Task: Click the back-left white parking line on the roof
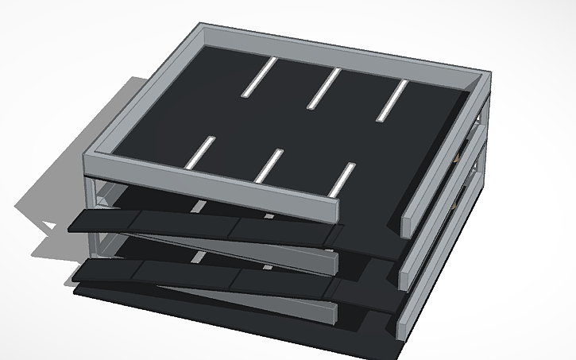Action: coord(260,78)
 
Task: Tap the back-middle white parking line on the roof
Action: coord(324,87)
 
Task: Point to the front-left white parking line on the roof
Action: coord(200,152)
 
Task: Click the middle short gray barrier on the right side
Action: coord(437,231)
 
